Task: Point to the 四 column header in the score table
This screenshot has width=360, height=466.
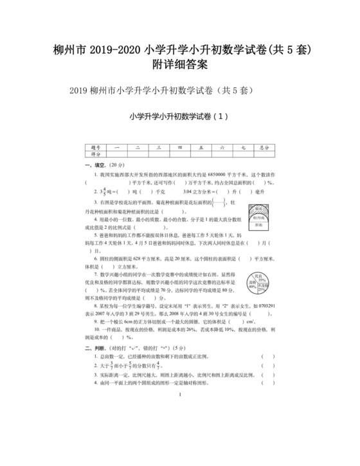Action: (179, 148)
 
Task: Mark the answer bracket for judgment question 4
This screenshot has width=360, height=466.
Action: (263, 382)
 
